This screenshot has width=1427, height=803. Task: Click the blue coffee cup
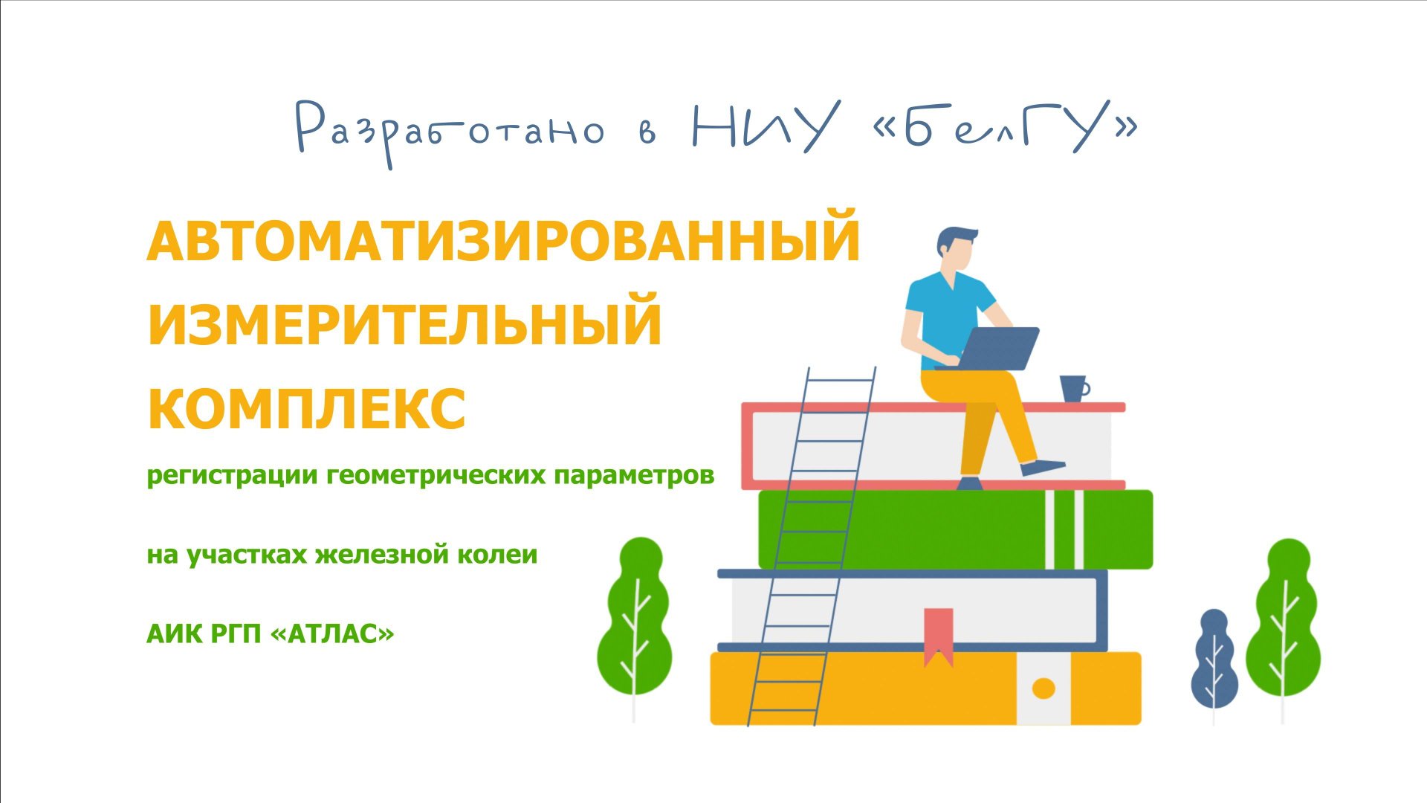[1073, 388]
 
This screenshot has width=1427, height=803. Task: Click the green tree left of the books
[635, 617]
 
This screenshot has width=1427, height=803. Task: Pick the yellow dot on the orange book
[1043, 688]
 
